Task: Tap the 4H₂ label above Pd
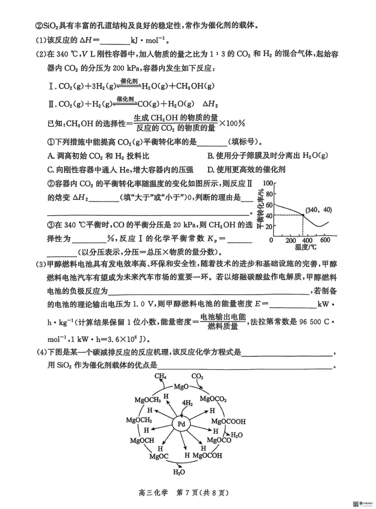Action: point(187,404)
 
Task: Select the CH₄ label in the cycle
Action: point(160,376)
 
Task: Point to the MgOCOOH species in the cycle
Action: point(228,421)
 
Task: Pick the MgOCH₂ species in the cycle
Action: point(139,420)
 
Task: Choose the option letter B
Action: point(210,156)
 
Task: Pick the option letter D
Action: point(210,170)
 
